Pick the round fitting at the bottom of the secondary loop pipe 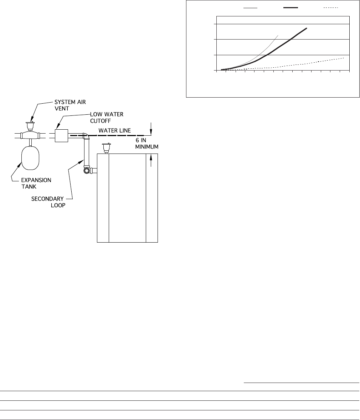point(86,170)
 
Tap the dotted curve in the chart point(303,64)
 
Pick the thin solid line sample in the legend point(251,7)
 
